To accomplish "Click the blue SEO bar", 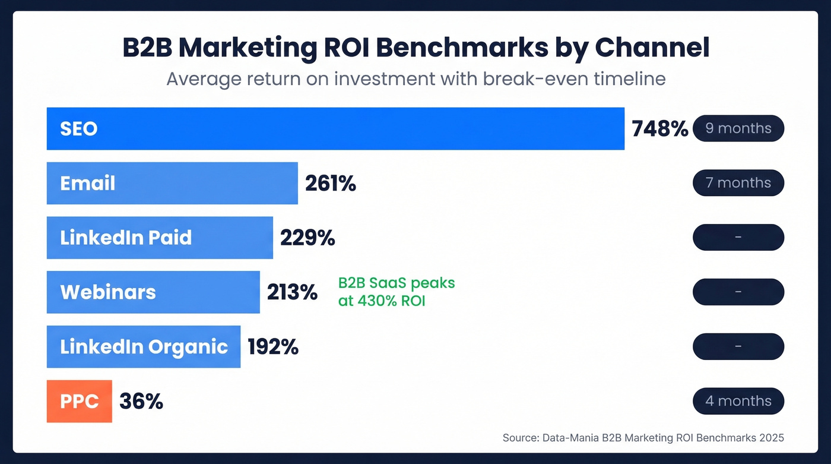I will (x=335, y=128).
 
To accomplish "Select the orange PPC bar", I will (x=80, y=402).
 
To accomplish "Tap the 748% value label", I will (x=659, y=129).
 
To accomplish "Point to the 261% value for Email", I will (x=331, y=184).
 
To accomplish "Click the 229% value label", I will (x=307, y=238).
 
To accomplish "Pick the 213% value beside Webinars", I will (x=292, y=292).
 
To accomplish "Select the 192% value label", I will (x=273, y=347).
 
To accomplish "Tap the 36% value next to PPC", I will (x=141, y=402).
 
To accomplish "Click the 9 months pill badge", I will (x=738, y=128).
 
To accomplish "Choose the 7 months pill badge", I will (x=738, y=183).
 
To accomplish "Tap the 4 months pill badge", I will (x=738, y=401).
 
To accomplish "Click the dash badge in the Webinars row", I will (x=738, y=292).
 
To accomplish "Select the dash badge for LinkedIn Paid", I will (x=738, y=237).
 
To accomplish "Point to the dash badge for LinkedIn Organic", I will (x=738, y=346).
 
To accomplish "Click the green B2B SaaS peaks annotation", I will (x=397, y=292).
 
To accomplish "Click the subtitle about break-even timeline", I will (x=415, y=78).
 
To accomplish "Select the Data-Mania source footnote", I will (x=643, y=438).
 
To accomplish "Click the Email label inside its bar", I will (x=88, y=183).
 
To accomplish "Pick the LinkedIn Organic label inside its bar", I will (x=144, y=347).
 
